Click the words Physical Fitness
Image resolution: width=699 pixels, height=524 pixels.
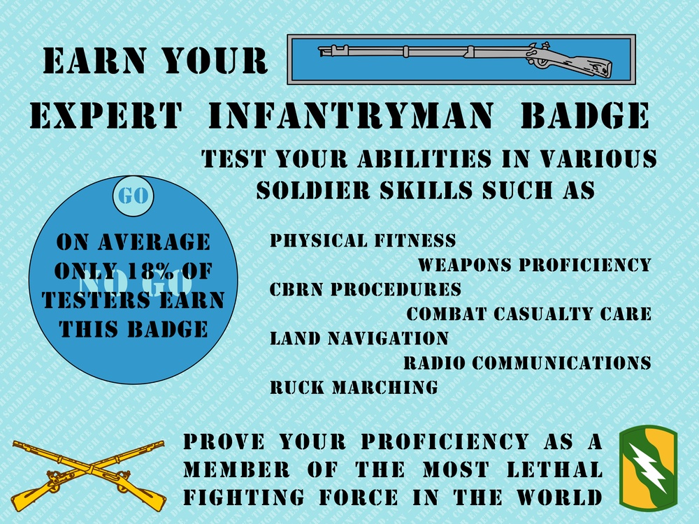pos(363,241)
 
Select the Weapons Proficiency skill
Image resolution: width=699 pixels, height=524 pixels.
pos(535,265)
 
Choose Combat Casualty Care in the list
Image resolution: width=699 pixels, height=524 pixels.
pos(529,314)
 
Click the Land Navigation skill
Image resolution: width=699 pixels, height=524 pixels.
pos(359,339)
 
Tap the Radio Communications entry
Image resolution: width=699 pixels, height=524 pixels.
pos(528,363)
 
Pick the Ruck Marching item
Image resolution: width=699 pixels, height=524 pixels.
pos(354,387)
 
